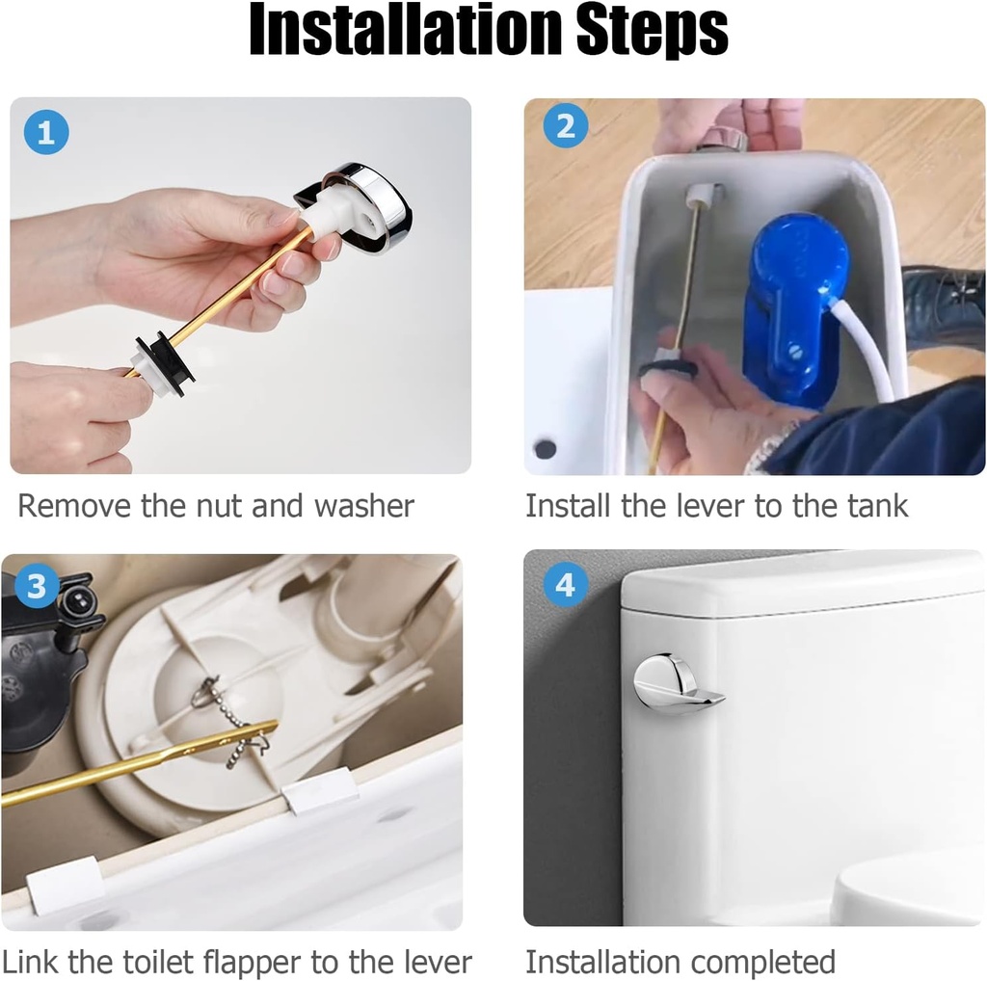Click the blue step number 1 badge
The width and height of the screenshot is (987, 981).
point(46,134)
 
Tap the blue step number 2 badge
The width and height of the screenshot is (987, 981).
point(566,126)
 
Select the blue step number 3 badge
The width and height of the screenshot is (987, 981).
point(37,587)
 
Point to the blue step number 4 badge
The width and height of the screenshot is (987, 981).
point(566,585)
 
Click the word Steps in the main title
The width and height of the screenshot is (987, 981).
point(652,33)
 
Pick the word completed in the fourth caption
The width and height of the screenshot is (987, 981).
point(760,962)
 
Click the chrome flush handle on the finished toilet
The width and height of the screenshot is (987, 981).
point(675,685)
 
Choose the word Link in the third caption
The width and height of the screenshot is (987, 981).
point(33,962)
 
